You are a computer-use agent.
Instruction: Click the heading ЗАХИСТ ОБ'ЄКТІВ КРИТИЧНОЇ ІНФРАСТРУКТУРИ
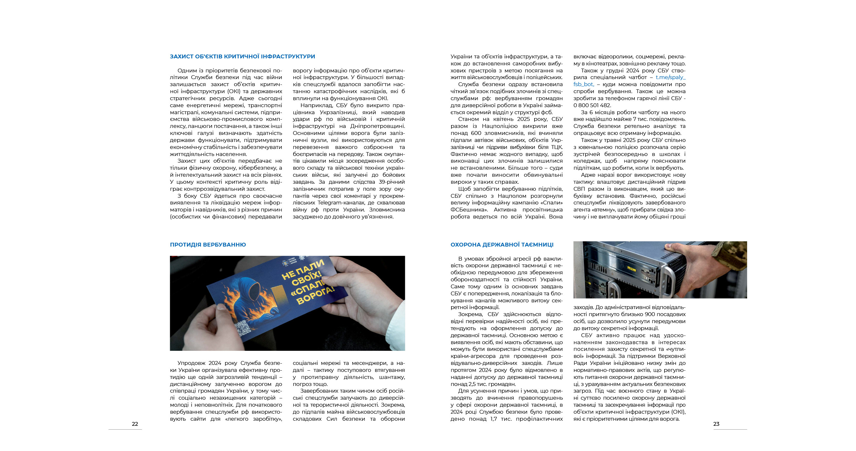click(x=242, y=56)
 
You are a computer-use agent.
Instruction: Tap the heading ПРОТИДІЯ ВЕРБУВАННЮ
click(x=208, y=245)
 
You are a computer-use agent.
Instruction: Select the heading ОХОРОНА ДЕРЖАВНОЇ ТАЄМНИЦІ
click(x=502, y=245)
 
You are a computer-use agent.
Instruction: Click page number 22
click(x=135, y=424)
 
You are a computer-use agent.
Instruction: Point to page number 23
click(x=716, y=424)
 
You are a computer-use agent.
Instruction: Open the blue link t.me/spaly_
click(x=670, y=77)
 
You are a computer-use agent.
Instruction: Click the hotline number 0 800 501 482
click(x=592, y=105)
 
